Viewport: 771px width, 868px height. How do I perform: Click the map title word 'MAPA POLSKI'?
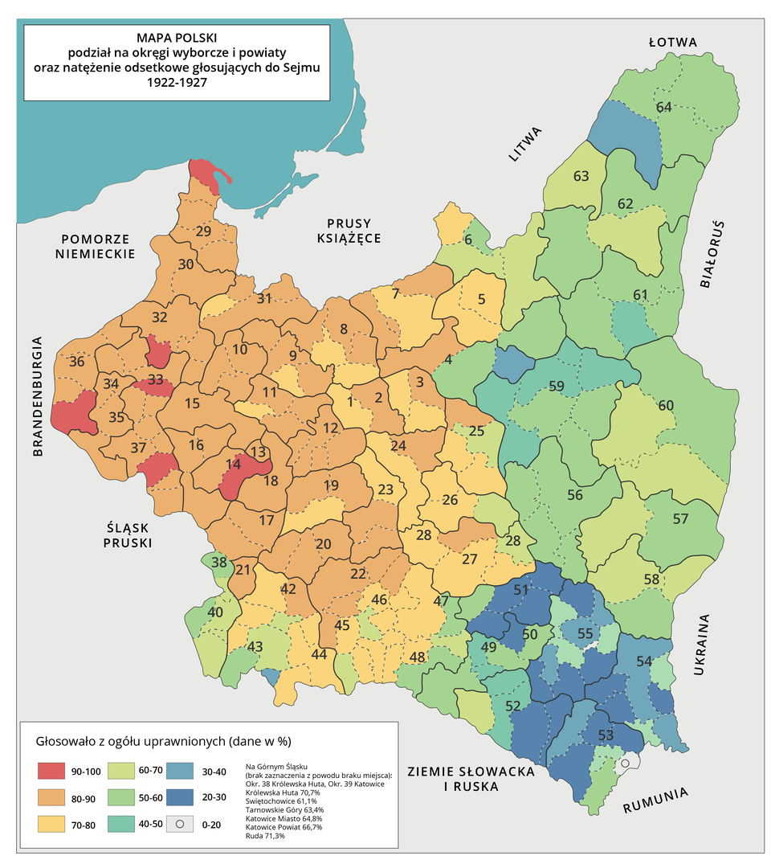pos(177,37)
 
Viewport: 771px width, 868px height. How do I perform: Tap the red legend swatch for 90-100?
pos(50,771)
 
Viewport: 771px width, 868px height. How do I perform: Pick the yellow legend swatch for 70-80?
pos(50,823)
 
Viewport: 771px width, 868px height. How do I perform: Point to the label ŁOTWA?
pos(674,43)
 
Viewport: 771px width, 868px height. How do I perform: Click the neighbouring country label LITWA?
pos(527,145)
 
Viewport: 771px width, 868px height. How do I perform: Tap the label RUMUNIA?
pos(655,801)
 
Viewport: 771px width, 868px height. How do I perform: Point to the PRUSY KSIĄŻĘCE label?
pos(349,231)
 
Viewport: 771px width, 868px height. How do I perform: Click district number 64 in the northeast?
pos(663,107)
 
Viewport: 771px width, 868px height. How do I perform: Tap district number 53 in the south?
pos(606,735)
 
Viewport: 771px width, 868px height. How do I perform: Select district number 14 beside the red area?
pos(234,464)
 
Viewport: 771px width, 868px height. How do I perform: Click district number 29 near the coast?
pos(203,231)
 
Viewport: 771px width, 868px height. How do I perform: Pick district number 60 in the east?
pos(666,405)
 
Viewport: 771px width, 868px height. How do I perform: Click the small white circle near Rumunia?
pos(623,763)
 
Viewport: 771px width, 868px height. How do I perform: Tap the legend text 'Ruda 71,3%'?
pos(265,836)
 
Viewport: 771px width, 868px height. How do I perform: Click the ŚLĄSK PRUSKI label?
pos(128,534)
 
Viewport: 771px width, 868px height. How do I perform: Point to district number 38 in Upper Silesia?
pos(218,563)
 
